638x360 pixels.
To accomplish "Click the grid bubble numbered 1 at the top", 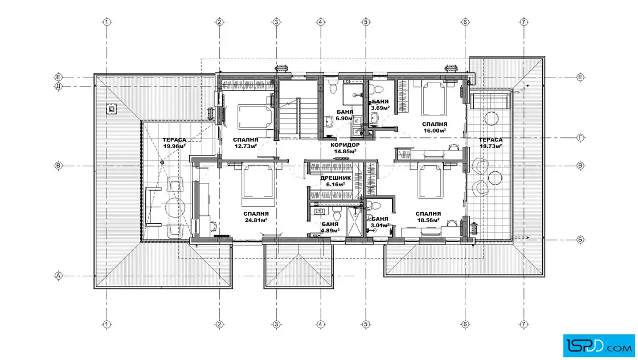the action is [x=107, y=22].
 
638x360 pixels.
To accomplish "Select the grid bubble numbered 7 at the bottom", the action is [x=524, y=324].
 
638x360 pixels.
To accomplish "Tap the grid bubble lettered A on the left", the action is [x=59, y=276].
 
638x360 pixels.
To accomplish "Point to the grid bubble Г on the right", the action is [x=580, y=138].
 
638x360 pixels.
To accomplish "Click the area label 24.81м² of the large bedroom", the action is [x=256, y=220].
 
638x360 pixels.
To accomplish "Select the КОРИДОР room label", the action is [x=345, y=145].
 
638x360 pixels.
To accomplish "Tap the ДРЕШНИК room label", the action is [x=336, y=178].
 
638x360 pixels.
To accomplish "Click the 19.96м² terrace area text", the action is [x=174, y=146].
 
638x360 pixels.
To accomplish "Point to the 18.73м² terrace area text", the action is [x=490, y=146].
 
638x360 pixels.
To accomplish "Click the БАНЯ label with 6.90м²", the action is [x=345, y=112].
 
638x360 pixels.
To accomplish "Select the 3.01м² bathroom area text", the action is [x=380, y=225].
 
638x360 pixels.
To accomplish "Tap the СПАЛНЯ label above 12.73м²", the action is [x=246, y=140].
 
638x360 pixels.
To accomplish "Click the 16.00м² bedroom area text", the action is [x=435, y=130].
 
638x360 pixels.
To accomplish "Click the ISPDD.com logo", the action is [x=599, y=346].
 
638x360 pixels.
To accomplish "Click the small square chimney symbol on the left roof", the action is [x=111, y=109].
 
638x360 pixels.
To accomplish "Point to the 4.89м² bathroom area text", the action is [x=330, y=231].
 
